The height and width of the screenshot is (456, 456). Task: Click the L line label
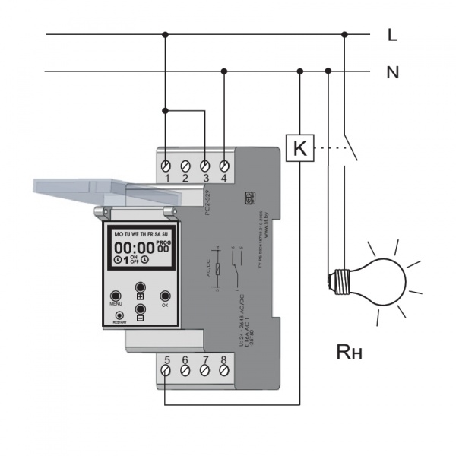click(x=392, y=34)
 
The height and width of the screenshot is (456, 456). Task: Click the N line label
click(x=393, y=73)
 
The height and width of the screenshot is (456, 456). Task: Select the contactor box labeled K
click(x=300, y=148)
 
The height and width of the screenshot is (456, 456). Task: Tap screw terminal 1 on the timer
click(x=166, y=164)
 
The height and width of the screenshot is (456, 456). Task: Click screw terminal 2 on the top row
click(x=185, y=164)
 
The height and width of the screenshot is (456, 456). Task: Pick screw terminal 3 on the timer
click(x=204, y=164)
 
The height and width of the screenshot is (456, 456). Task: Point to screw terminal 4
click(x=224, y=164)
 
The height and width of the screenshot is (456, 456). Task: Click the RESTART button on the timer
click(x=119, y=314)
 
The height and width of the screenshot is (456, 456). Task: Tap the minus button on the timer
click(x=141, y=309)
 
